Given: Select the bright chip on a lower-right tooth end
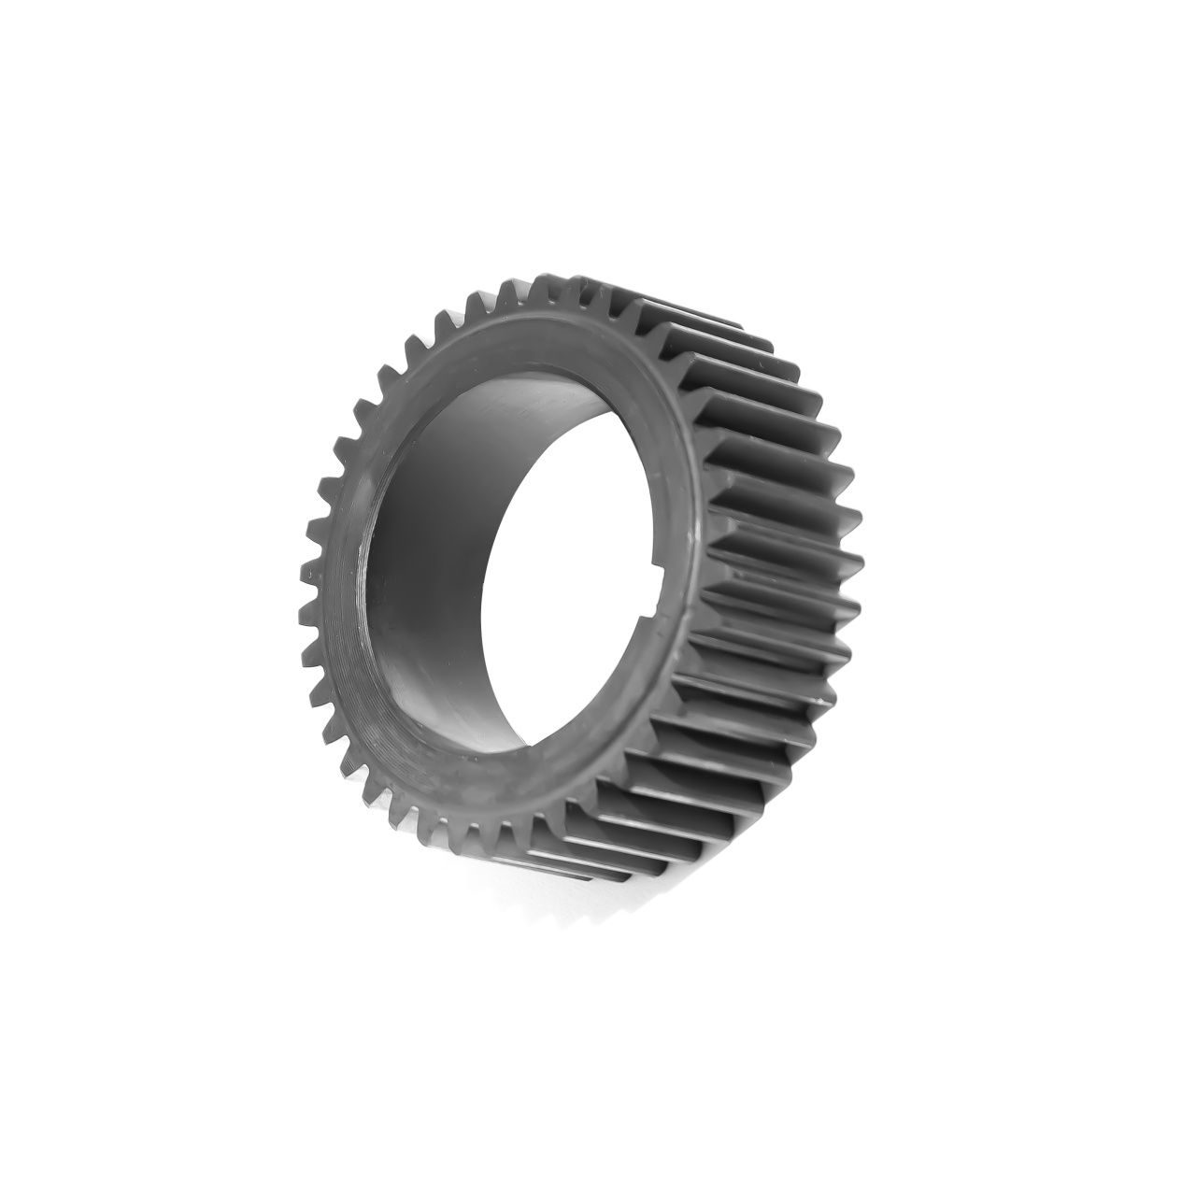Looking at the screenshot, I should click(x=821, y=696).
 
